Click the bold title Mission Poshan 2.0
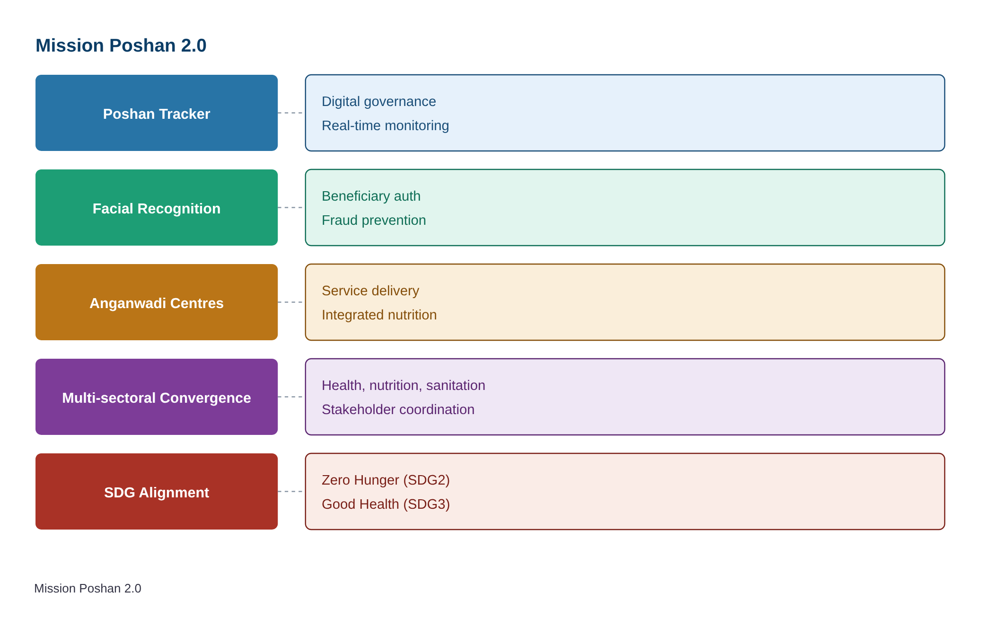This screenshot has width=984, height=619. (x=121, y=45)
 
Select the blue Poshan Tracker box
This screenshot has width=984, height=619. (x=157, y=113)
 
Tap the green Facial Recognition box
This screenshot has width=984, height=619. (x=157, y=208)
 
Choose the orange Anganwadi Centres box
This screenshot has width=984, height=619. (x=157, y=302)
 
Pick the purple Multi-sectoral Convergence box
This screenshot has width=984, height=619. (x=157, y=397)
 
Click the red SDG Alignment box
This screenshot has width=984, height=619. (x=157, y=492)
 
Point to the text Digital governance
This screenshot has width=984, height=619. (x=378, y=101)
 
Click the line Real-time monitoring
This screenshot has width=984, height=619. (x=385, y=125)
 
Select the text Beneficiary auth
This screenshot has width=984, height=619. (x=371, y=196)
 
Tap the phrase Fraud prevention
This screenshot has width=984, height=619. (x=374, y=220)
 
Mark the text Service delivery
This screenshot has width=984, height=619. (x=370, y=291)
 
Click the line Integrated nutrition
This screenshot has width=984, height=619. (x=379, y=315)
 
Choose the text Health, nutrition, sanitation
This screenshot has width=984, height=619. (x=404, y=385)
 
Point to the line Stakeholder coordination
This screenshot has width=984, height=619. (x=398, y=409)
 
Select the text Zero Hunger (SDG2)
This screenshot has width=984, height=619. (x=386, y=480)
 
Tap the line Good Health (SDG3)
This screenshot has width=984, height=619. (x=386, y=504)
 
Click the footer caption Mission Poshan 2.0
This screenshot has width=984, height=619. (x=88, y=588)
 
